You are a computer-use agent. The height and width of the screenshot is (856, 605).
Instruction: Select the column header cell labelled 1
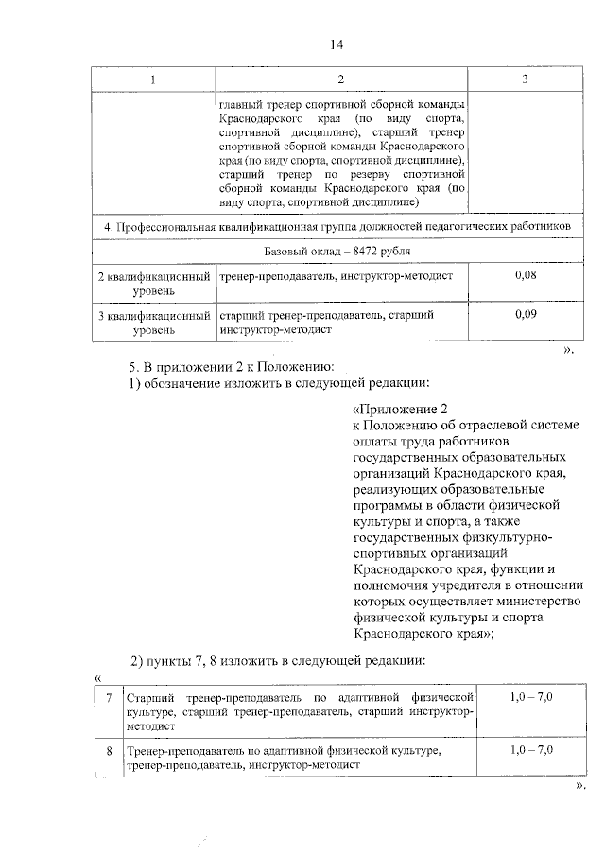[x=153, y=79]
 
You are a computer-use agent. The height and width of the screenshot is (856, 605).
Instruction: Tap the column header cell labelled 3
[x=525, y=79]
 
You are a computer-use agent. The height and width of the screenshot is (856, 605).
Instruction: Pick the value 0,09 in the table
[x=524, y=314]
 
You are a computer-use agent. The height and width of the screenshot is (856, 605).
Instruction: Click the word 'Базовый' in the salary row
[x=288, y=251]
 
